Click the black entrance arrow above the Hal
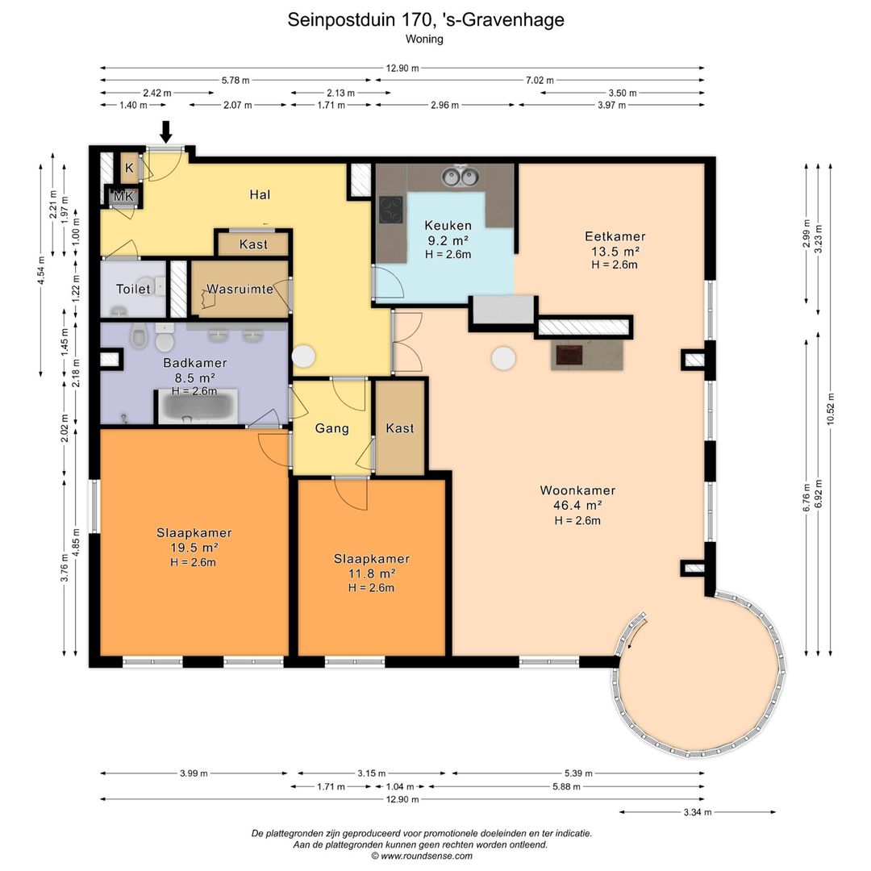coord(165,131)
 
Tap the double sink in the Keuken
coord(460,177)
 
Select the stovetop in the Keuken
coord(391,210)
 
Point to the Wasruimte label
coord(240,289)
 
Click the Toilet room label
coord(133,289)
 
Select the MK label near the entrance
coord(123,196)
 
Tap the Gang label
coord(332,428)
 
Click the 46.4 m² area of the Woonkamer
coord(577,506)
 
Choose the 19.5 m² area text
coord(194,548)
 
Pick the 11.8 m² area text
coord(372,573)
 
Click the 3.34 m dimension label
coord(698,812)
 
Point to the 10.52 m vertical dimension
coord(831,410)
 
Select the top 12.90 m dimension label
coord(402,69)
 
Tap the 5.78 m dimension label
coord(235,81)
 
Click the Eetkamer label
coord(615,236)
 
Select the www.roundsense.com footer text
coord(427,856)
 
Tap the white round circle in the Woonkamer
coord(504,358)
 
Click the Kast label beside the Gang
coord(400,428)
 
